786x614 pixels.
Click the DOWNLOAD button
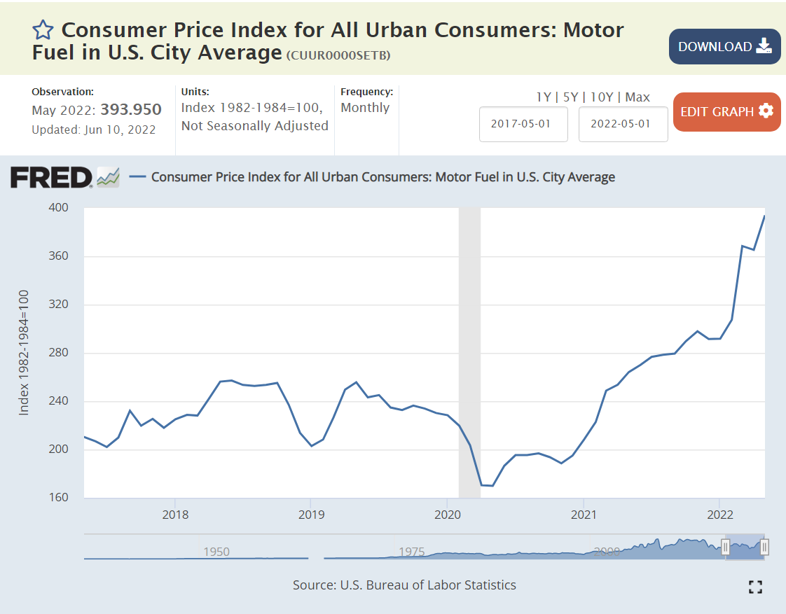(724, 46)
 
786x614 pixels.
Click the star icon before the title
(43, 29)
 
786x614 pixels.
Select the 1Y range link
(544, 97)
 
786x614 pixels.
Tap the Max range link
(637, 97)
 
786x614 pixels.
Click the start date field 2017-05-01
(523, 124)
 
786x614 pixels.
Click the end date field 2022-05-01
(623, 124)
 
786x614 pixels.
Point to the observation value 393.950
(131, 110)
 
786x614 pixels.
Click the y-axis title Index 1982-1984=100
(24, 352)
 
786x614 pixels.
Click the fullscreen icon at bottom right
(755, 587)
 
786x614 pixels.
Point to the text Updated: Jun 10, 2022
(94, 130)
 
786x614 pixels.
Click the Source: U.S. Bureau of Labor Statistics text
(404, 585)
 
